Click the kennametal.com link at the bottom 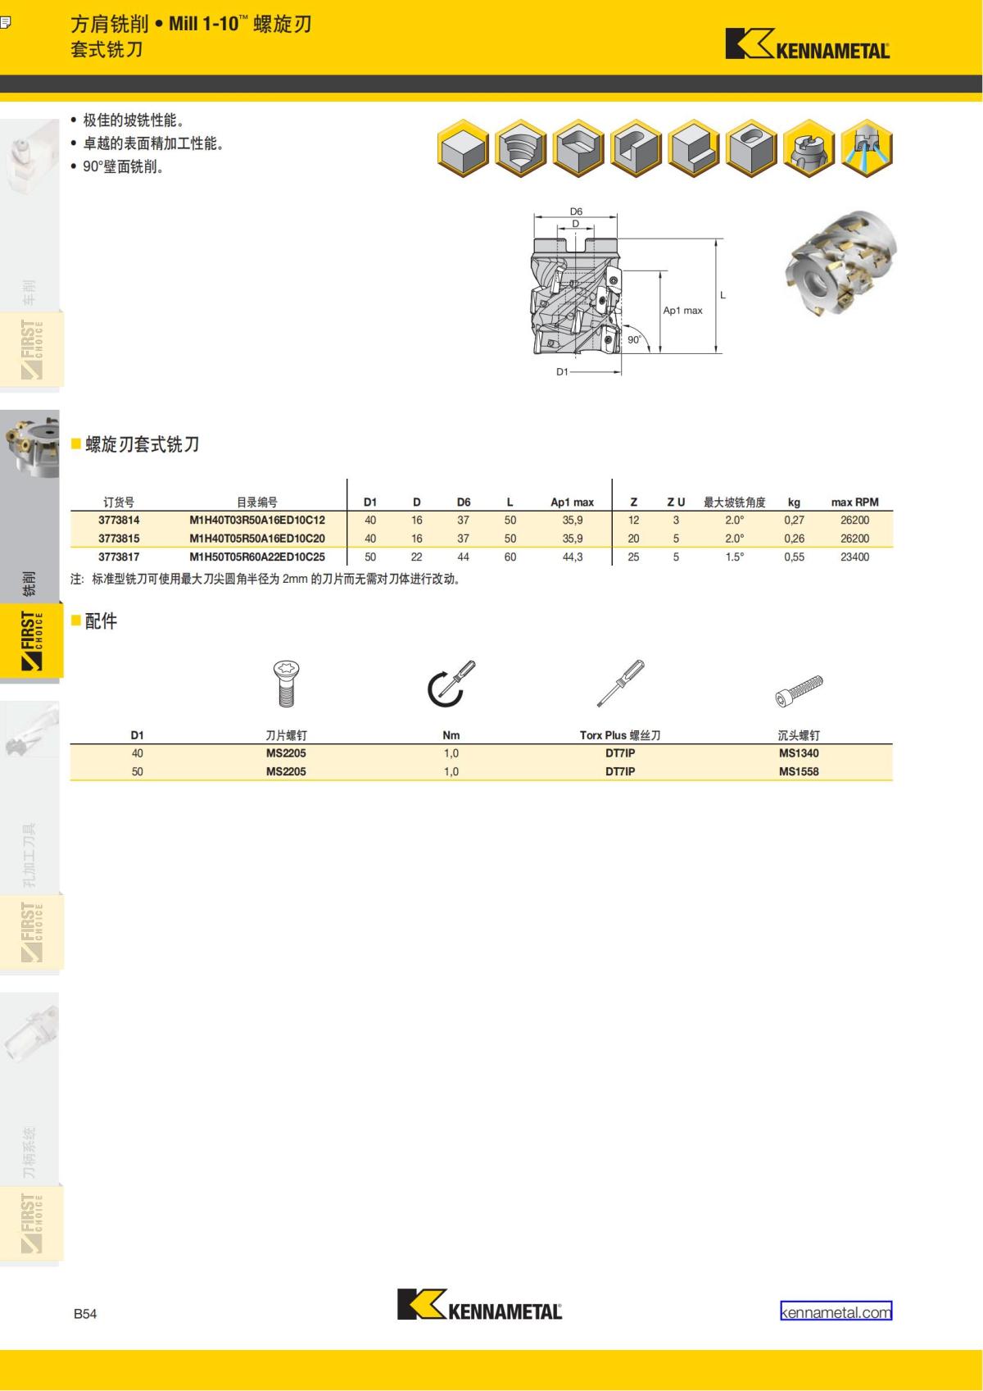(836, 1312)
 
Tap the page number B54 (85, 1313)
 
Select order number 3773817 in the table (119, 557)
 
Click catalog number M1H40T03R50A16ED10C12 (257, 520)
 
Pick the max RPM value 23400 (854, 557)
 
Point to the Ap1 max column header (572, 502)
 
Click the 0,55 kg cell (794, 557)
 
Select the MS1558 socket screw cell (799, 771)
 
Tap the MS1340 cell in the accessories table (799, 753)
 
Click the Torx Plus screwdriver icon (621, 683)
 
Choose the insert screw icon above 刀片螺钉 (286, 684)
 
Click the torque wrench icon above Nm (451, 684)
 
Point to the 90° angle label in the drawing (634, 339)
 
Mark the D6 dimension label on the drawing (576, 211)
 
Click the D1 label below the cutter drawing (562, 372)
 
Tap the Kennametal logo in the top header (808, 44)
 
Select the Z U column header (676, 502)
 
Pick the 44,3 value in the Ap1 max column (572, 557)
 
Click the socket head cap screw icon (800, 690)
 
